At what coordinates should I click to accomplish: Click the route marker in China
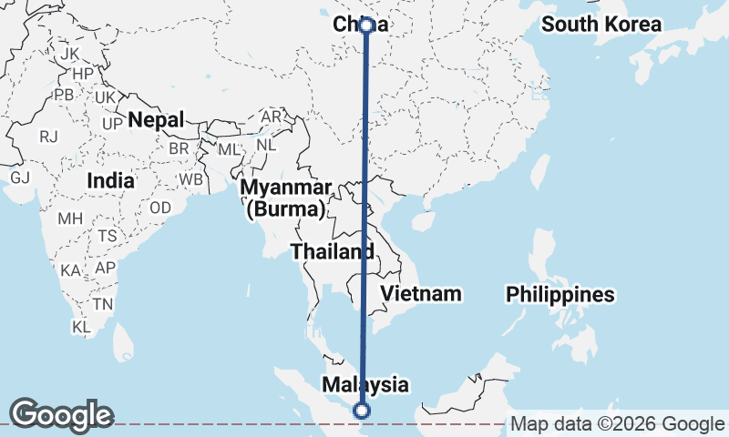(366, 25)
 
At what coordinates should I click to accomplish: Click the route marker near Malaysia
(363, 411)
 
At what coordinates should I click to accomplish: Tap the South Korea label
(601, 25)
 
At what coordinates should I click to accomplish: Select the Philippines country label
(560, 295)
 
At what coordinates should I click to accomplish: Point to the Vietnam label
(421, 293)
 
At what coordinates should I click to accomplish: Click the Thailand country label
(332, 251)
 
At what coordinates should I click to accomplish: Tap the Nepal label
(156, 119)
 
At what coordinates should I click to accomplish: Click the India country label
(110, 180)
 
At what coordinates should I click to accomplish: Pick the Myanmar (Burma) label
(286, 198)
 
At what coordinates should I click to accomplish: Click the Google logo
(61, 415)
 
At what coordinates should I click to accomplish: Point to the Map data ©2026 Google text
(616, 423)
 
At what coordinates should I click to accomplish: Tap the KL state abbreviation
(82, 326)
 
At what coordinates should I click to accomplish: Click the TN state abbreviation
(103, 304)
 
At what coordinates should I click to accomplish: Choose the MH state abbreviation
(70, 219)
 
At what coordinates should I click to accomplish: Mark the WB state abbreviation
(190, 179)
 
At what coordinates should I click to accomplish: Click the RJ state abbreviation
(48, 137)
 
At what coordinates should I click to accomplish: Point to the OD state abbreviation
(160, 208)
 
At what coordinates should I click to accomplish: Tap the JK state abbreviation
(70, 54)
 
